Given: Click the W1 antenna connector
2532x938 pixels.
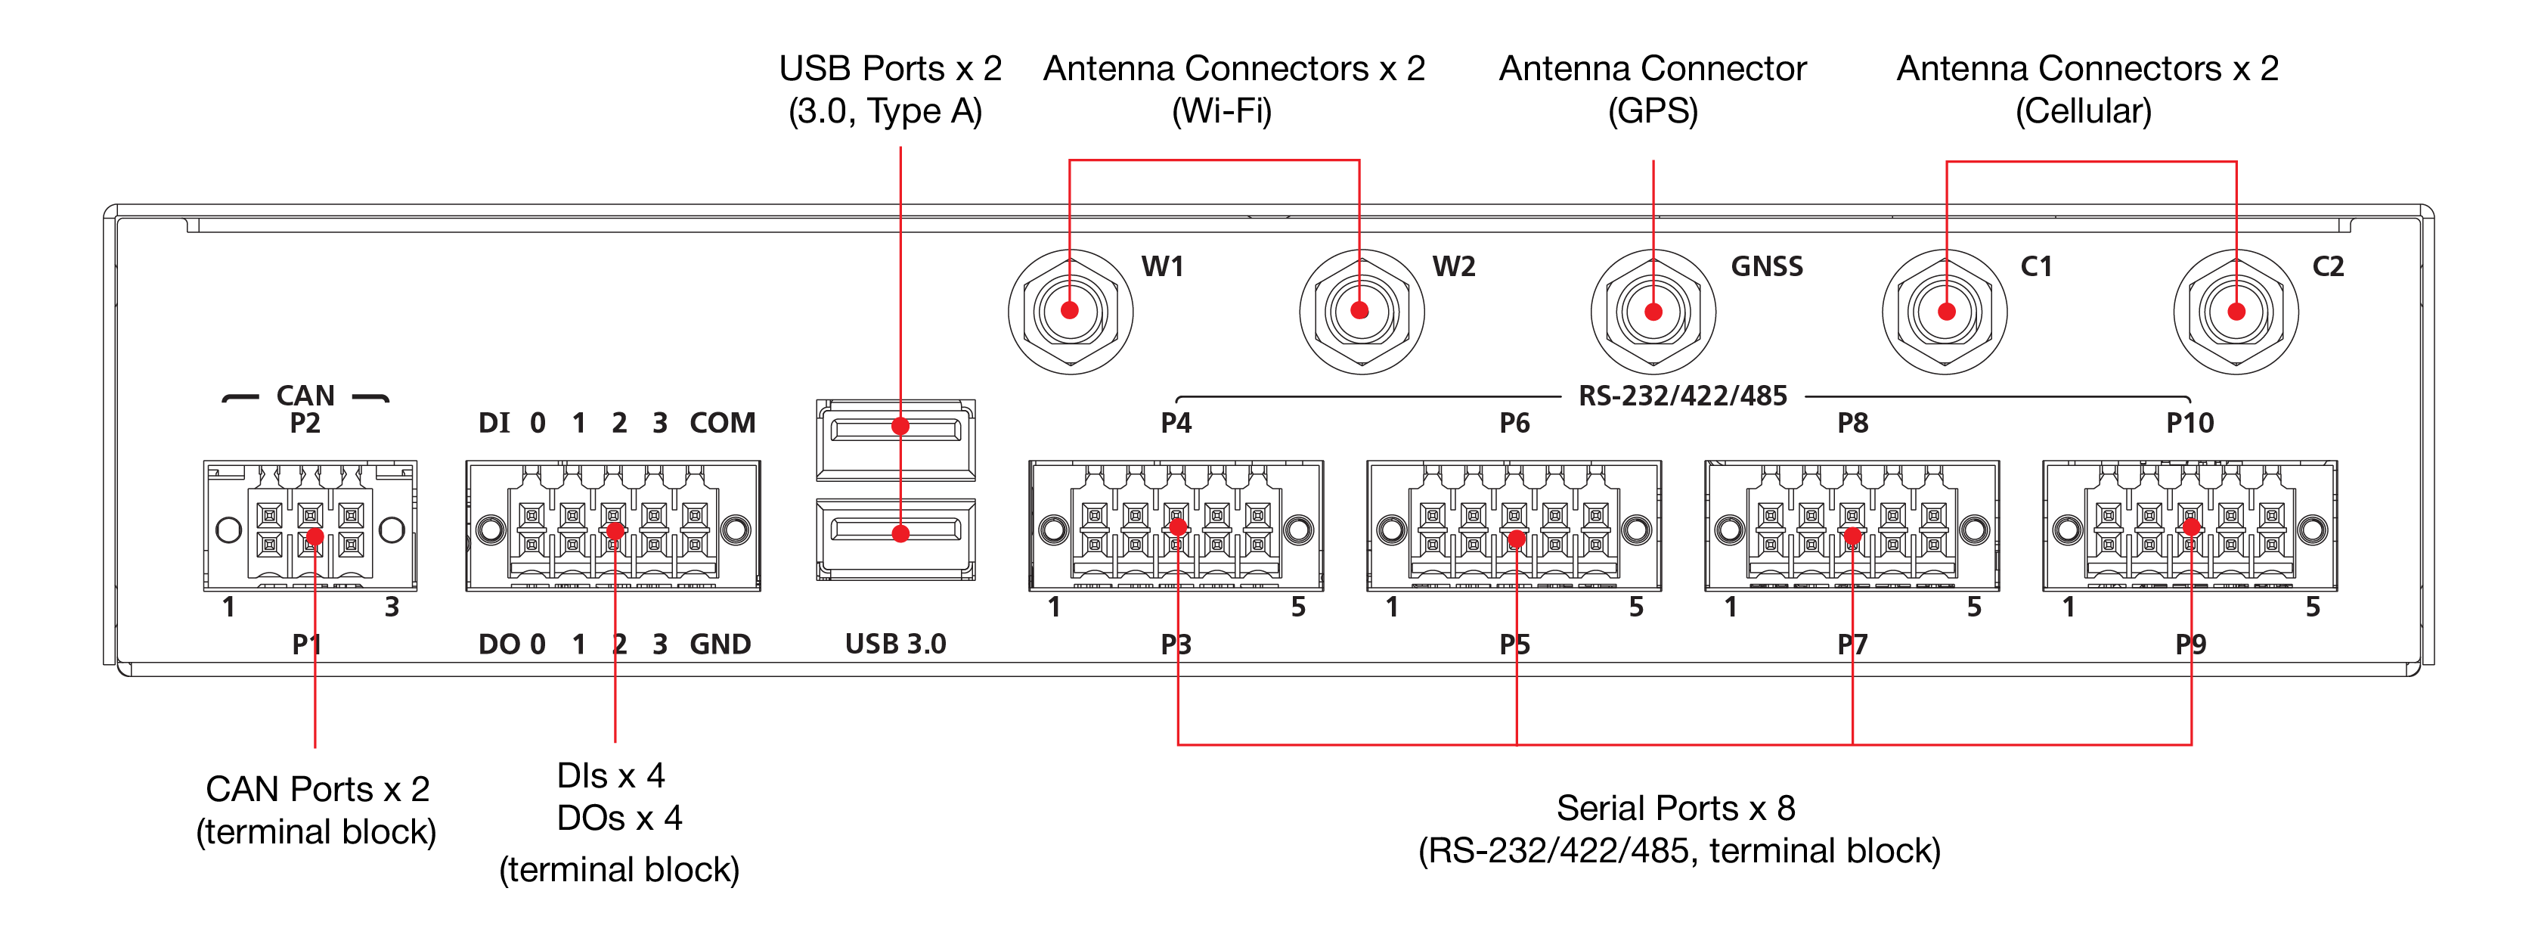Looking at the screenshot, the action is pos(1071,312).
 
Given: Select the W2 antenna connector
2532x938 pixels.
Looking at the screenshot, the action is pos(1362,312).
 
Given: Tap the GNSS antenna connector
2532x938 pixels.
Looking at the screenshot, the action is pos(1653,312).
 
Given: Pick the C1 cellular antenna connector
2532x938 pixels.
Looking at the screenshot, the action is pos(1945,312).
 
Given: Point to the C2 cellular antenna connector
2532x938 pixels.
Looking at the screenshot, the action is pos(2236,312).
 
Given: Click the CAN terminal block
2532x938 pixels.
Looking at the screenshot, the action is pos(311,526).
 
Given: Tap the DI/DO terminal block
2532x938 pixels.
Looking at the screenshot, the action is pos(613,526).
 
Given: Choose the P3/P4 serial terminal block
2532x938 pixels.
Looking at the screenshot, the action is pos(1176,526).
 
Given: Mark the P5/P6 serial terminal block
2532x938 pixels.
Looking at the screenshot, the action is pos(1514,526).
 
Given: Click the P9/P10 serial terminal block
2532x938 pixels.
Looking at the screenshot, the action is pos(2191,526).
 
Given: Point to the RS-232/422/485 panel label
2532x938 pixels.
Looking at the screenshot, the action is pos(1683,396).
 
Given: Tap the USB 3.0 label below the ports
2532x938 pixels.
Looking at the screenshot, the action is pos(895,644).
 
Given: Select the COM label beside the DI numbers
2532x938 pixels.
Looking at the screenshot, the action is pos(723,423).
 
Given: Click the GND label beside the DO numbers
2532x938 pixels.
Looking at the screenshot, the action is pos(721,644).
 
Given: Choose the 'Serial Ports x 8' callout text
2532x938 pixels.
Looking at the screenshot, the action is pos(1676,808).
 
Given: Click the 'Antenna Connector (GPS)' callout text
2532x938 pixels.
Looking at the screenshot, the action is pos(1653,89).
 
